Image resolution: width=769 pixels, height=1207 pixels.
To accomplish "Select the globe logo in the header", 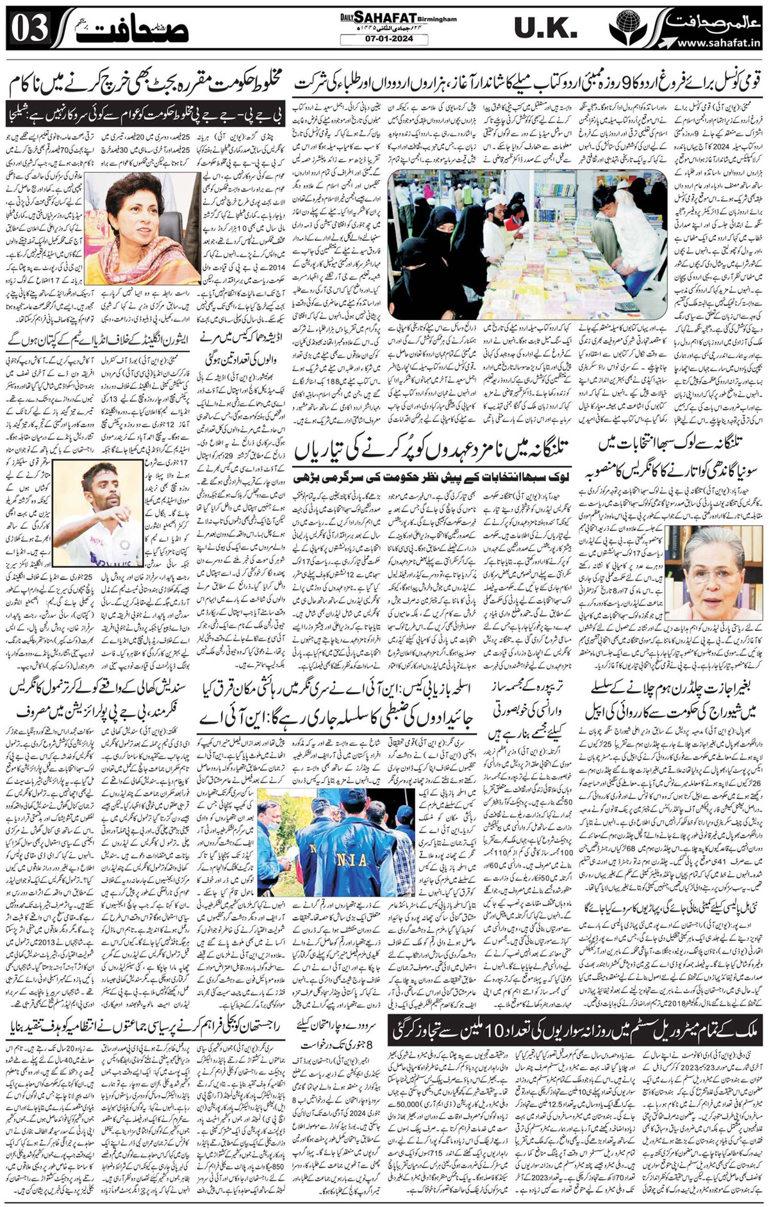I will [625, 29].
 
